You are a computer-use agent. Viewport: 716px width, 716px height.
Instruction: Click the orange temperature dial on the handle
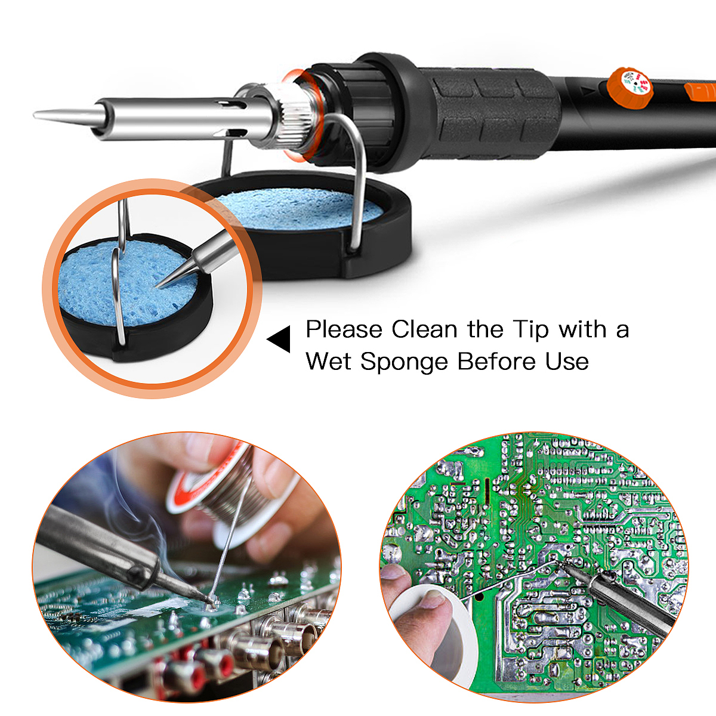[630, 87]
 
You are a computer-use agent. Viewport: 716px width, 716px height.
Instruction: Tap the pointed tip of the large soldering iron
[35, 115]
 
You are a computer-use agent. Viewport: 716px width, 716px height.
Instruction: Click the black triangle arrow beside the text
[279, 339]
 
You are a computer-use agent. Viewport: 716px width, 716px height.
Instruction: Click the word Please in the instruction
[344, 329]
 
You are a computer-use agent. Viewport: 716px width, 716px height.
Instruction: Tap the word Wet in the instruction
[329, 361]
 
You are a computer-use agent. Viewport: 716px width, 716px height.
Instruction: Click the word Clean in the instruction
[424, 329]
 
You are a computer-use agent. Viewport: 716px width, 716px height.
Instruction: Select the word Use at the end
[567, 361]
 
